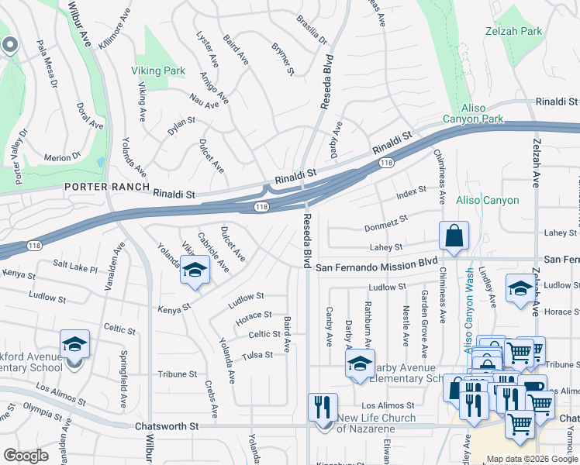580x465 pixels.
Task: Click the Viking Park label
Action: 157,71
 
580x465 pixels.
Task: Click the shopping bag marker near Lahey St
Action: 453,236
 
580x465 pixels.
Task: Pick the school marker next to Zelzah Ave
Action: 519,289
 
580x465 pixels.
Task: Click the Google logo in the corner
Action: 26,456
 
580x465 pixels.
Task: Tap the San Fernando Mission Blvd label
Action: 372,267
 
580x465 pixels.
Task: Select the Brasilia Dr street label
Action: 310,30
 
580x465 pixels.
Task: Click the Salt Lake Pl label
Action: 75,266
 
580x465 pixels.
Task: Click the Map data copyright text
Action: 533,460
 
